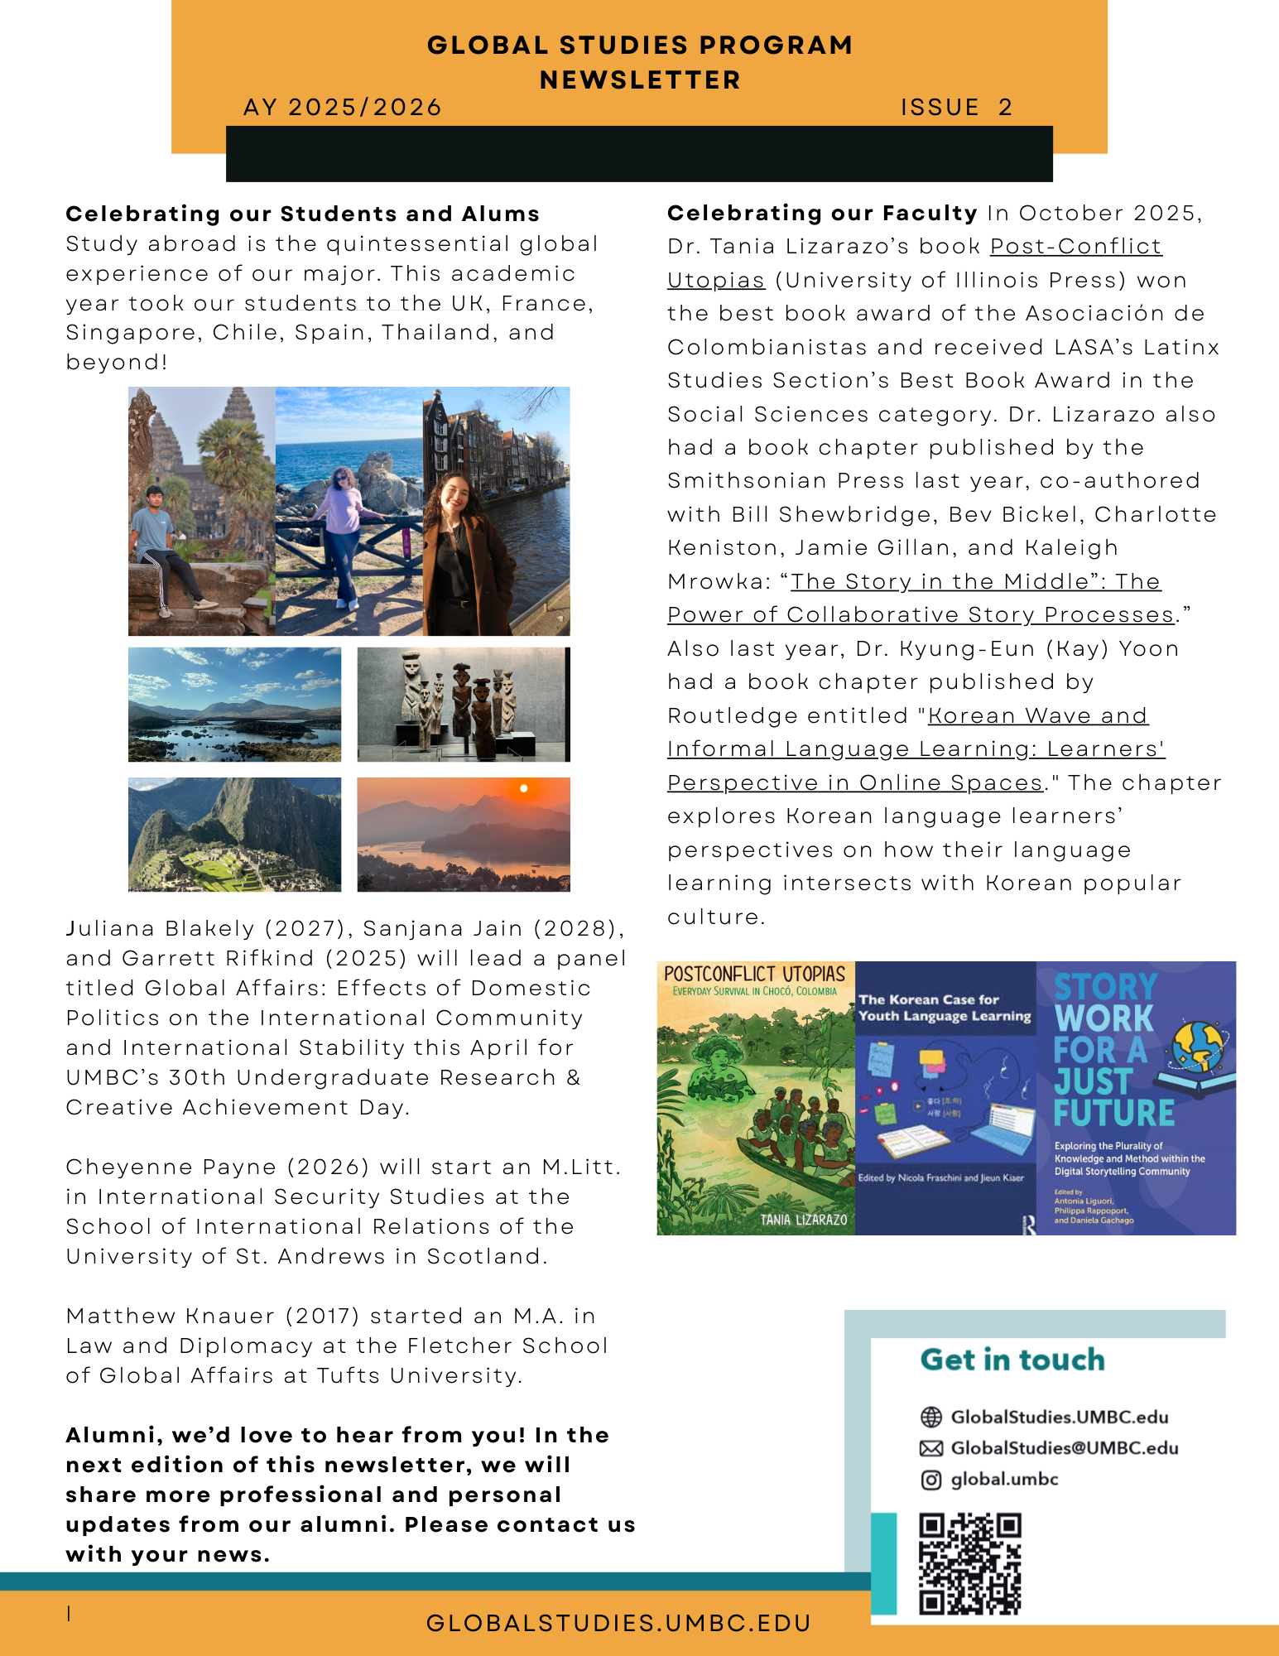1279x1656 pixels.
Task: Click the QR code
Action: [970, 1563]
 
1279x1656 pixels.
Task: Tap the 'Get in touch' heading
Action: [1012, 1360]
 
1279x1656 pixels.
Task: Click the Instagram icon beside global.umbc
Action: [931, 1480]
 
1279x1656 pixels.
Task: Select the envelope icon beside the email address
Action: [931, 1448]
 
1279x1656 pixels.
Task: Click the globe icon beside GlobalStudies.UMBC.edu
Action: [931, 1417]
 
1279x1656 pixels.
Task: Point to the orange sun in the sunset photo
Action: [523, 789]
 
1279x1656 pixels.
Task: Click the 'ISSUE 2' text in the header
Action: [956, 108]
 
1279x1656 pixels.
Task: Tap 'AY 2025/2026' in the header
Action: [343, 108]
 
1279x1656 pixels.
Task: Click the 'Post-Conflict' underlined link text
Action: [1075, 247]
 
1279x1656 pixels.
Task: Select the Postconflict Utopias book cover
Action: [755, 1098]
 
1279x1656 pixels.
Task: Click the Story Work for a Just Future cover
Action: [1136, 1098]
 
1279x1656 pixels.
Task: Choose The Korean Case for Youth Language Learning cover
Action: [945, 1098]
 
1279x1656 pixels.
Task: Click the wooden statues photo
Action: [463, 705]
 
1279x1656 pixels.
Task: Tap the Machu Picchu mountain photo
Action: [234, 835]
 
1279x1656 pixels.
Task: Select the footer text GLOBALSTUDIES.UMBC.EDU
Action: [618, 1624]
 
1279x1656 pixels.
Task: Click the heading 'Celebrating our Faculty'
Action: [822, 214]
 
